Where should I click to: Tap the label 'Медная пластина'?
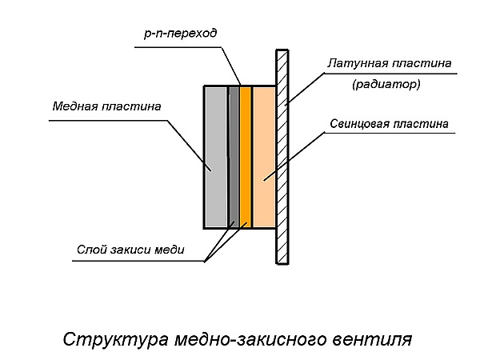coord(106,106)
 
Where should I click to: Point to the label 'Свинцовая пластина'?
coord(388,125)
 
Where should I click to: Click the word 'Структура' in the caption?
coord(114,338)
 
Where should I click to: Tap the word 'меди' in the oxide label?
coord(171,250)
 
